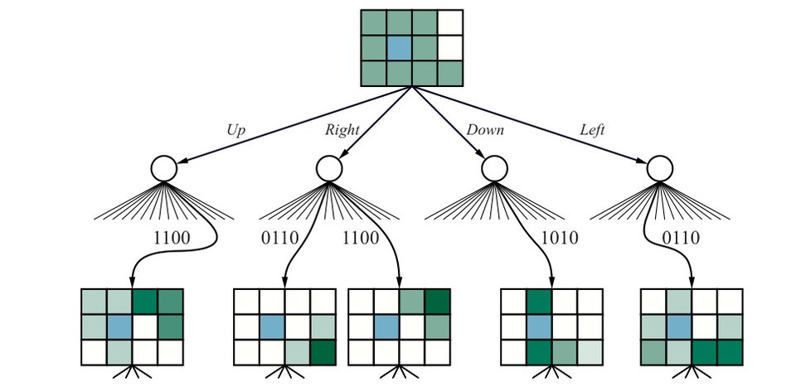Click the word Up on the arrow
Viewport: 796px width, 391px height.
(x=236, y=131)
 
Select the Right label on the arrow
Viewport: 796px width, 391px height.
(x=342, y=130)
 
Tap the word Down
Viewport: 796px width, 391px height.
(x=485, y=130)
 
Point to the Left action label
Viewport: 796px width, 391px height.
(x=592, y=130)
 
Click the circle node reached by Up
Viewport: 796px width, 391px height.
(x=164, y=168)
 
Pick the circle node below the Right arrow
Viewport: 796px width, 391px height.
(x=329, y=168)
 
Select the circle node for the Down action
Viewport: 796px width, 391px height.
(x=494, y=168)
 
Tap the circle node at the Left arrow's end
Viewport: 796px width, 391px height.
(x=660, y=168)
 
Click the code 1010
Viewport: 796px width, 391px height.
(x=560, y=238)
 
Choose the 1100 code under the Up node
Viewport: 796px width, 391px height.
(x=172, y=238)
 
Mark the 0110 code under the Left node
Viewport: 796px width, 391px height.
(x=681, y=238)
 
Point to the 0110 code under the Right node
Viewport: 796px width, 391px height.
(x=279, y=238)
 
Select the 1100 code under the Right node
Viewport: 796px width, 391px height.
(x=361, y=238)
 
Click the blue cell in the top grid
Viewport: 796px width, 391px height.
(x=399, y=48)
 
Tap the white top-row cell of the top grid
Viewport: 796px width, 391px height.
(x=450, y=23)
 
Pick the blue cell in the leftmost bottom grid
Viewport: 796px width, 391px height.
(x=119, y=327)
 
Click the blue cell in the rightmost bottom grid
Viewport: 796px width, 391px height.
(x=679, y=327)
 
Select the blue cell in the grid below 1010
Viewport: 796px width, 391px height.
(x=539, y=327)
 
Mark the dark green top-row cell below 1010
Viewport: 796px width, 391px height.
(x=539, y=302)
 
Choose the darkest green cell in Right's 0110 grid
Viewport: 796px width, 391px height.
(x=323, y=352)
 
